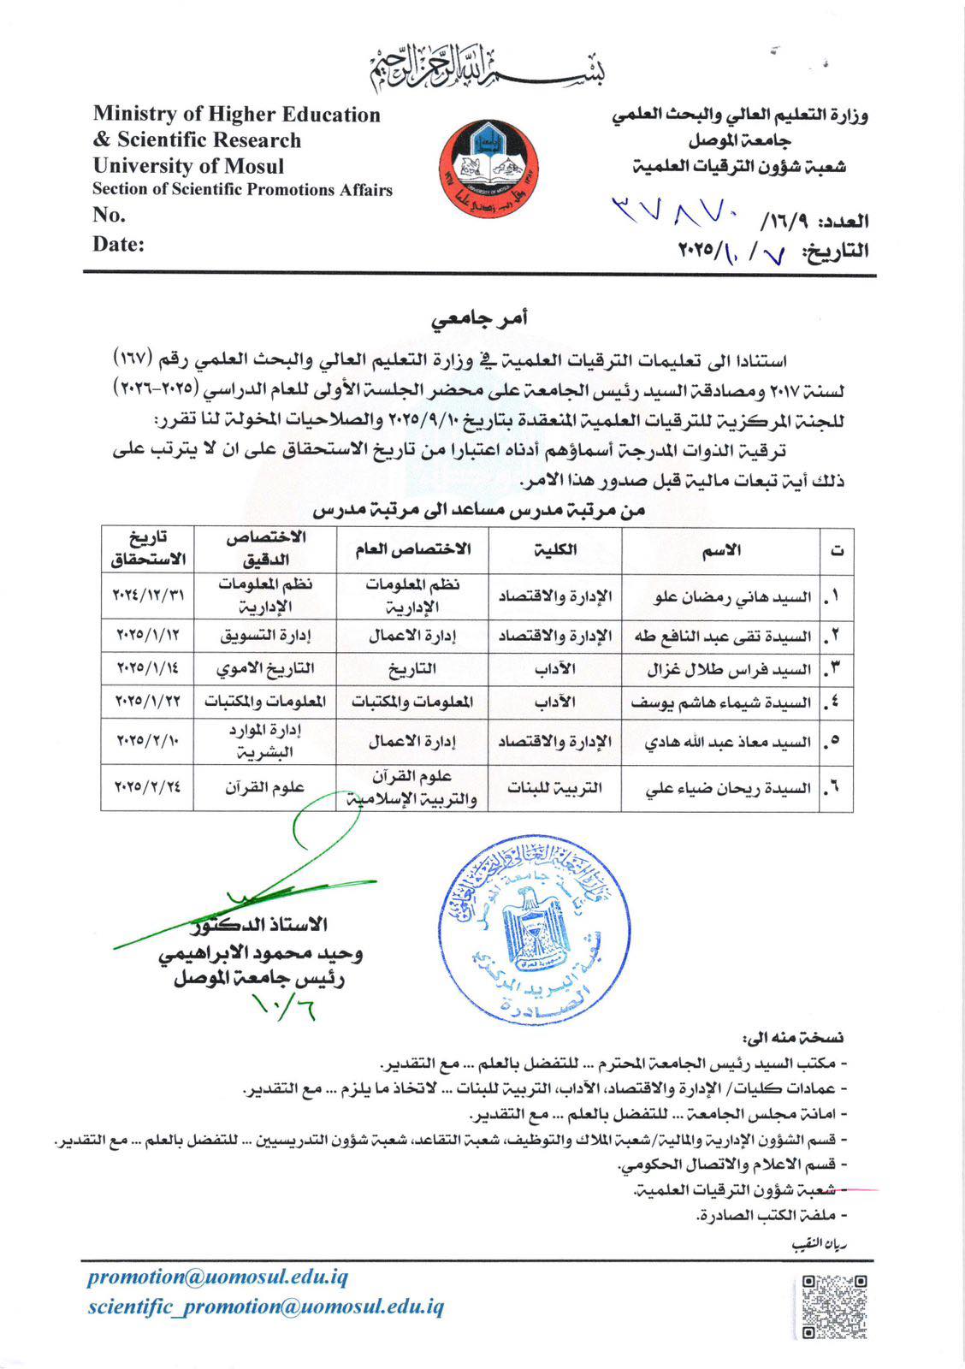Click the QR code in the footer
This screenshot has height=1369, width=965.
(x=834, y=1307)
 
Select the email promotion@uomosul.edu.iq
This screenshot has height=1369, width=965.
(x=217, y=1277)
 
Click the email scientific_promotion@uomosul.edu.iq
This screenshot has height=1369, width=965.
(x=265, y=1307)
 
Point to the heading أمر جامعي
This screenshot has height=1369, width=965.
(x=479, y=318)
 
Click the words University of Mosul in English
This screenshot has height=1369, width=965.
(x=188, y=166)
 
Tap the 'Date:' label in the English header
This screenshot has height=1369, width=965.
(x=118, y=244)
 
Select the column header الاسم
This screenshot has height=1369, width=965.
(x=721, y=550)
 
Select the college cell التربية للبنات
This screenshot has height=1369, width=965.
(x=555, y=787)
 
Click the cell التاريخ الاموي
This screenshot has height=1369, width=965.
(x=265, y=668)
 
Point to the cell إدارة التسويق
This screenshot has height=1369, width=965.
(x=265, y=635)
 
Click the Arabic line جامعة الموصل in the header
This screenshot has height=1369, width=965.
(x=740, y=140)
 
